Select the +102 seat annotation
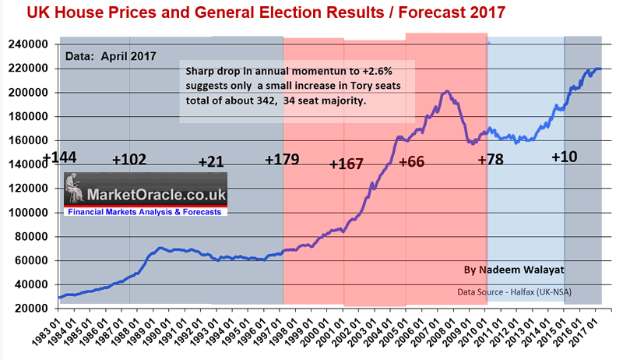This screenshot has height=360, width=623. [x=129, y=159]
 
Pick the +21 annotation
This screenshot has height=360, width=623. [x=210, y=162]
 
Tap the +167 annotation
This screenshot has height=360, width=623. [x=347, y=164]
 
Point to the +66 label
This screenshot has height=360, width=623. [x=413, y=162]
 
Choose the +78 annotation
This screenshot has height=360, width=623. [x=491, y=161]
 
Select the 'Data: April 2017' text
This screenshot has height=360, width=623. [x=110, y=56]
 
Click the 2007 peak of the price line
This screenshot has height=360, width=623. [x=446, y=92]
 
